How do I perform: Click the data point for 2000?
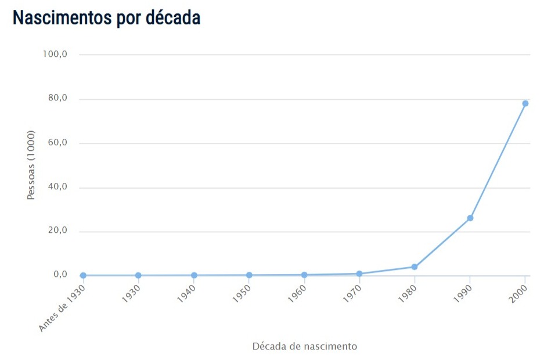[x=525, y=103]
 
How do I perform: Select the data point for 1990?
[x=470, y=218]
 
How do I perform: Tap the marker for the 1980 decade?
[x=414, y=267]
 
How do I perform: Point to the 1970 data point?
[x=359, y=273]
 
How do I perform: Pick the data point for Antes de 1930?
[x=83, y=275]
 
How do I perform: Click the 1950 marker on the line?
[x=249, y=275]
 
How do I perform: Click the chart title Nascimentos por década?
[x=106, y=17]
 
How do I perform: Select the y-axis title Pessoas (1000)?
[x=31, y=165]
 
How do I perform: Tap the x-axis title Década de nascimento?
[x=304, y=346]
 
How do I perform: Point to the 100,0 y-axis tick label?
[x=55, y=54]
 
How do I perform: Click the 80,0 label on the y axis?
[x=56, y=98]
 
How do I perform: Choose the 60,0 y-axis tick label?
[x=56, y=142]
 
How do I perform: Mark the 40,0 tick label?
[x=56, y=186]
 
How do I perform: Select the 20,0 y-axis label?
[x=56, y=231]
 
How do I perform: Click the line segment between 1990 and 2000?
[x=498, y=161]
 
